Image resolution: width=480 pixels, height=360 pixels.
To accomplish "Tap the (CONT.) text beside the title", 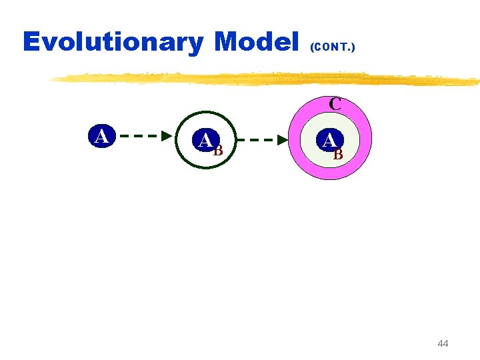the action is click(332, 47).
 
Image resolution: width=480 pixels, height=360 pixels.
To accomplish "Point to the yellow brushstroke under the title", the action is click(267, 79).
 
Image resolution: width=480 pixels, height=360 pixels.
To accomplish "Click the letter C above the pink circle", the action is click(335, 104).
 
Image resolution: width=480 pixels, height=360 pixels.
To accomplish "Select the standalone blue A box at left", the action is click(101, 136).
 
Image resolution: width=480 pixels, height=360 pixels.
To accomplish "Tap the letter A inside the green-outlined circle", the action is click(206, 141).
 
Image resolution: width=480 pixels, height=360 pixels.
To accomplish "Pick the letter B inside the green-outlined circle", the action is click(218, 150).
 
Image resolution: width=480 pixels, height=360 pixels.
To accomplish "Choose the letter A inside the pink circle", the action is click(329, 141).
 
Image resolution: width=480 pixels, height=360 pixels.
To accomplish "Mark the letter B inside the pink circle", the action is click(338, 155).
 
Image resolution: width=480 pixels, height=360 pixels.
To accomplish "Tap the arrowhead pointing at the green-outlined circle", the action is click(167, 136).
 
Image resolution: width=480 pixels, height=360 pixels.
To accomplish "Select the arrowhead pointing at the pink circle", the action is click(283, 141).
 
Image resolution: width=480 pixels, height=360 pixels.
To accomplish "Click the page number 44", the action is click(443, 343).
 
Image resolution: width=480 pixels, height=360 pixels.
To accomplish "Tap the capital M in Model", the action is click(228, 42).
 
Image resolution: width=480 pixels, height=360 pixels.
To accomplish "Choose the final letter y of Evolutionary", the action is click(197, 45).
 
